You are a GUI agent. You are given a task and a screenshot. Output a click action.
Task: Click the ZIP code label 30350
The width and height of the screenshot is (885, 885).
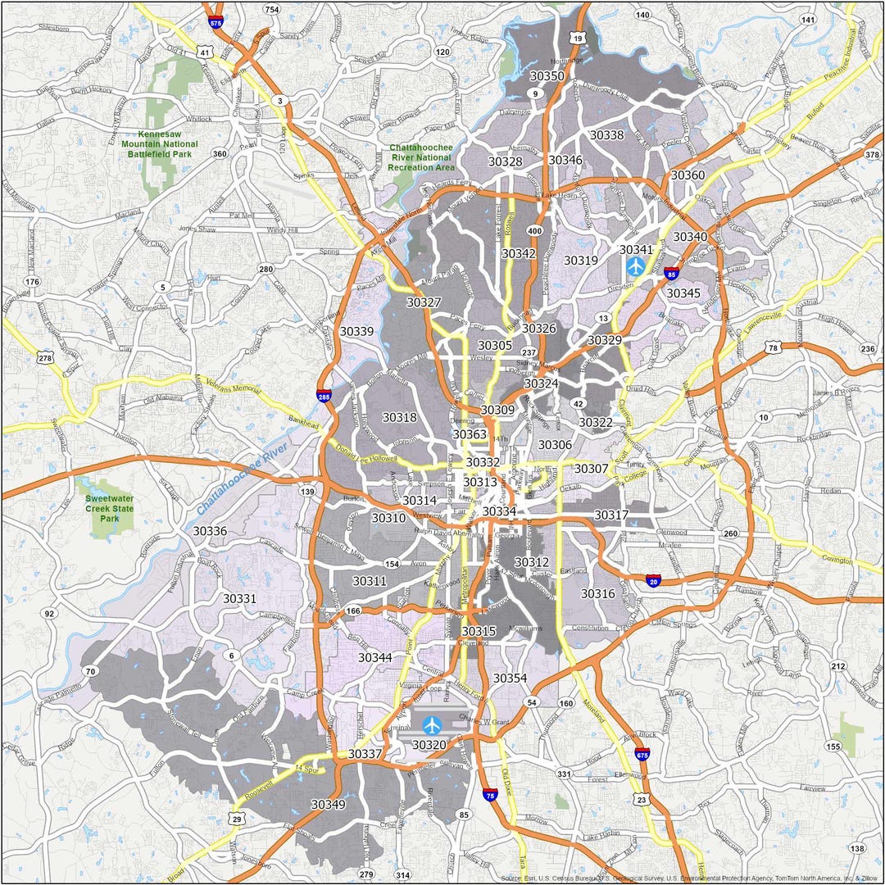tap(547, 76)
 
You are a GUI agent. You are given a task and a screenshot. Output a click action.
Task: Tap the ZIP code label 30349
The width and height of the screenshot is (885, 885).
tap(328, 805)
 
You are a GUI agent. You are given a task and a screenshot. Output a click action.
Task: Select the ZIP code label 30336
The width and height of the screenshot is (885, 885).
tap(210, 531)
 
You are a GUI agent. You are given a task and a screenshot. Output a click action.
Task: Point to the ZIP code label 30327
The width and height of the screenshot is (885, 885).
tap(424, 302)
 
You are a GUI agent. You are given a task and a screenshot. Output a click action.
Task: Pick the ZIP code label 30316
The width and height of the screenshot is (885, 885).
tap(597, 593)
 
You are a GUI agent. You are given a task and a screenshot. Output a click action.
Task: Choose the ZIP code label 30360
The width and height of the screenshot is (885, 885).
tap(688, 175)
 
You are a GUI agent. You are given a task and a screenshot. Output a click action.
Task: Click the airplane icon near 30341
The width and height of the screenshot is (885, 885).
tap(635, 266)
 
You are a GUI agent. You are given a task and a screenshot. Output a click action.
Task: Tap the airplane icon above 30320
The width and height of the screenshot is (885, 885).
tap(432, 725)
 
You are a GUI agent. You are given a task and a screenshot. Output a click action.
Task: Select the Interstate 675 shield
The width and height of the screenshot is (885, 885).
tap(642, 754)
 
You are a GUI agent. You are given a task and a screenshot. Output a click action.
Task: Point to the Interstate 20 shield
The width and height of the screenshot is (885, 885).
tap(653, 580)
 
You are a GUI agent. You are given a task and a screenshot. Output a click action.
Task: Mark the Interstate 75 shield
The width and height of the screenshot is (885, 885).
tap(490, 795)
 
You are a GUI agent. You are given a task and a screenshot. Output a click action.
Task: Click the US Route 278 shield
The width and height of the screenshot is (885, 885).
tap(45, 356)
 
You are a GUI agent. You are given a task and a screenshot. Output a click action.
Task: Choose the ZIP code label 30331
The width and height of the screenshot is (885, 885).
tap(240, 599)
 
